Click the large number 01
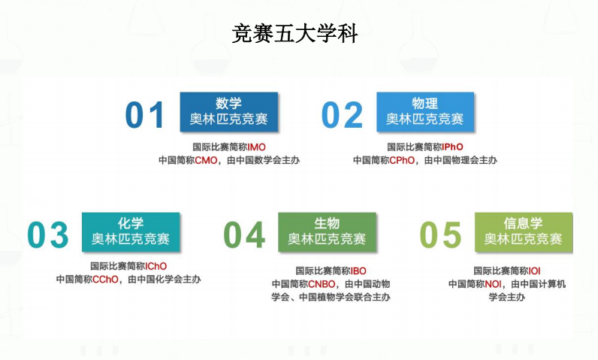tap(144, 115)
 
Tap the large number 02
tap(342, 115)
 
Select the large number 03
tap(48, 235)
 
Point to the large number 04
tap(244, 235)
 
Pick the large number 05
tap(440, 235)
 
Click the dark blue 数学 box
tap(228, 111)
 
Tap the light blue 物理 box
tap(425, 111)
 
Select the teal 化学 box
tap(131, 231)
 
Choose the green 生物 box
tap(327, 231)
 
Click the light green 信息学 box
tap(523, 231)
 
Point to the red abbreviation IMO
tap(257, 147)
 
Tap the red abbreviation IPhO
tap(453, 147)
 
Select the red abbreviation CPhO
tap(401, 160)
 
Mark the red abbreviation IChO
tap(156, 266)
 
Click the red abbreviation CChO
tap(105, 280)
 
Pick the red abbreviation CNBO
tap(322, 284)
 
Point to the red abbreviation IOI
tap(535, 271)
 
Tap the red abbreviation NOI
tap(494, 284)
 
